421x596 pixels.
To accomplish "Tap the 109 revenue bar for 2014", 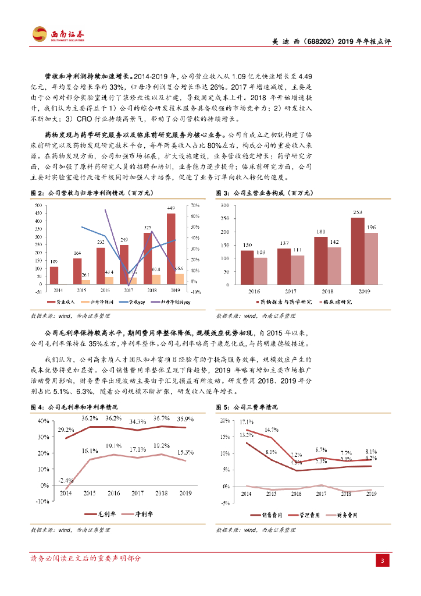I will [x=54, y=279].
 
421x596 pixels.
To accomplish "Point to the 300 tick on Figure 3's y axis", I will [x=224, y=205].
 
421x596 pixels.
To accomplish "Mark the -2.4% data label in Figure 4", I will [x=66, y=480].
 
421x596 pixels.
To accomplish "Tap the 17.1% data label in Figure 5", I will [x=246, y=423].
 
